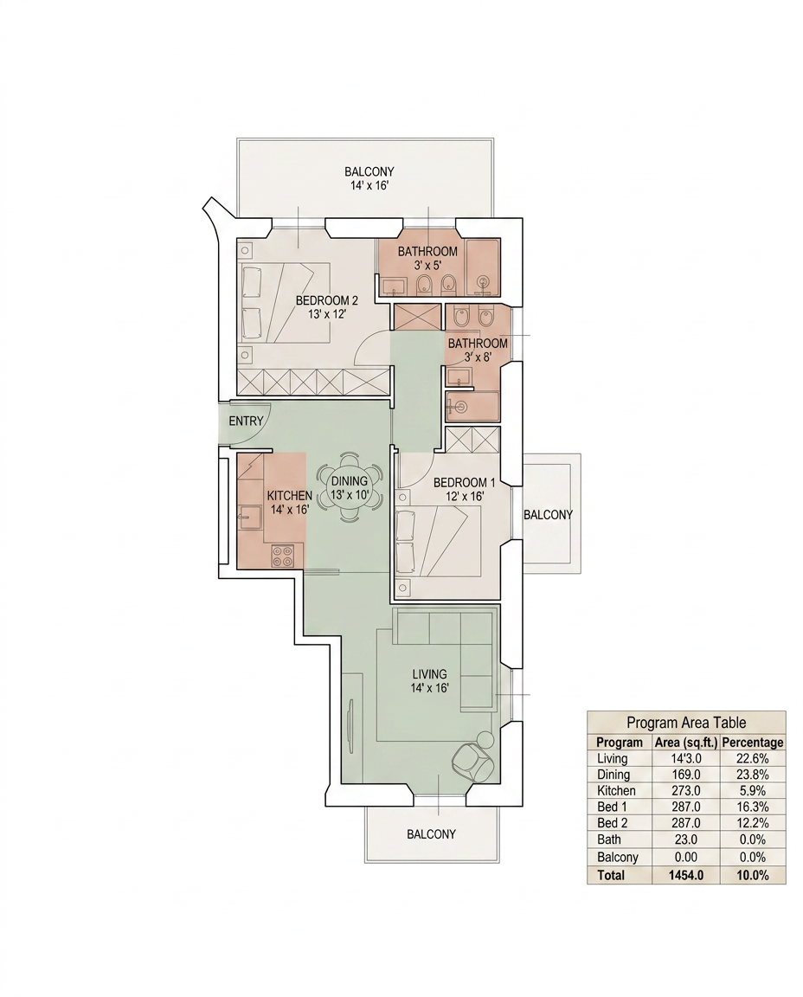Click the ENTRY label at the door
[246, 421]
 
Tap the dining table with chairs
[349, 487]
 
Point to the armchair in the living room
[472, 762]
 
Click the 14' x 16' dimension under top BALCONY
[369, 186]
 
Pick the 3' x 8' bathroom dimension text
[478, 357]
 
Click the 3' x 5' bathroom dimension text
[427, 265]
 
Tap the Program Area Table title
[686, 723]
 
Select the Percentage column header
[753, 742]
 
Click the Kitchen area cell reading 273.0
[687, 790]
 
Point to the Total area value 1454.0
[686, 875]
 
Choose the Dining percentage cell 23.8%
[753, 775]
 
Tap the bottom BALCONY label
[431, 833]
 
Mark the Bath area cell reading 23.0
[687, 839]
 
